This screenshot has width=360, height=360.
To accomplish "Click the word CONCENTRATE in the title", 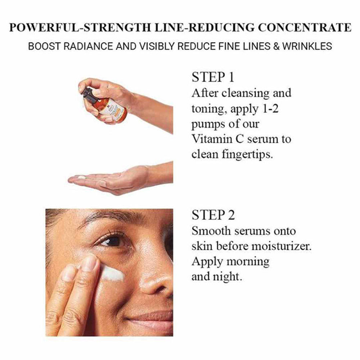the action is click(305, 28).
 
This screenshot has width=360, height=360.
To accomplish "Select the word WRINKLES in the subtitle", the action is click(307, 46).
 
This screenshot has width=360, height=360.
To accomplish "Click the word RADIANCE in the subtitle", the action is click(89, 46).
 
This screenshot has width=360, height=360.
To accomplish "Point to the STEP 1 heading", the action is click(213, 77).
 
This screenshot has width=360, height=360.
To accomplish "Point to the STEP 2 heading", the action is click(213, 215).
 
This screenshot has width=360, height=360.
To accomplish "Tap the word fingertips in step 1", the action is click(247, 154).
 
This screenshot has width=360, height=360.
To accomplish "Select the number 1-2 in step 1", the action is click(270, 108).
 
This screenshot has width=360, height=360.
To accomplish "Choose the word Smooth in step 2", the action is click(211, 231).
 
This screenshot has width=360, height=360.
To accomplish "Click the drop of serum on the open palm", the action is click(81, 177).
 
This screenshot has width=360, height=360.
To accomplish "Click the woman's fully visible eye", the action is click(112, 241).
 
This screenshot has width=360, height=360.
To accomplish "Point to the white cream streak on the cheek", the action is click(112, 273).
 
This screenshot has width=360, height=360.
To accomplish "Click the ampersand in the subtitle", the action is click(276, 46).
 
